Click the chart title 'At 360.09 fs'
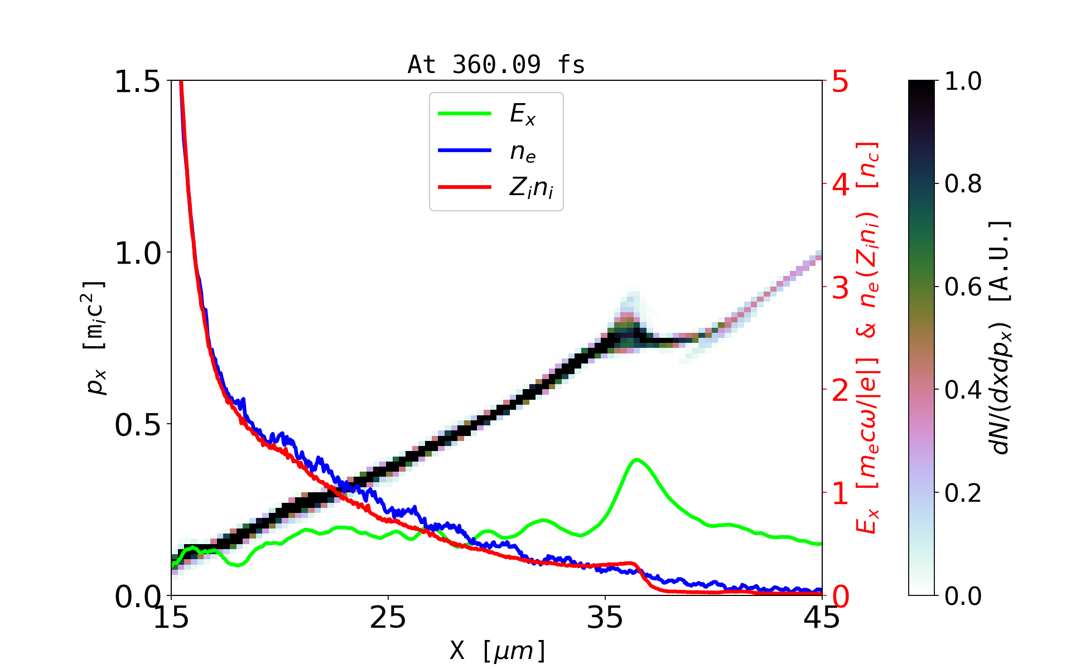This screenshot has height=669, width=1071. pos(496,65)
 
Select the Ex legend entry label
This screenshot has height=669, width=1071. pos(523,115)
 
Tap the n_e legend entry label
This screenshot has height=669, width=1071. pos(523,152)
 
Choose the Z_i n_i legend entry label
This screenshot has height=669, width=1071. pos(531,188)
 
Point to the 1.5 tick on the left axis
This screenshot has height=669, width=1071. pos(137,82)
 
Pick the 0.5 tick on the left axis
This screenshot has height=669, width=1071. pos(137,425)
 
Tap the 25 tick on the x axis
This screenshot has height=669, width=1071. pos(388,617)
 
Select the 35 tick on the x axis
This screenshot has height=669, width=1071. pos(605,617)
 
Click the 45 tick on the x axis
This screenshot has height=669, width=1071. pos(822,617)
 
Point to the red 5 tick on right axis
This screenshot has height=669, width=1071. pos(840,82)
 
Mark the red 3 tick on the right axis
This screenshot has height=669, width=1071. pos(840,288)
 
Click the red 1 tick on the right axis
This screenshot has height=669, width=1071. pos(840,493)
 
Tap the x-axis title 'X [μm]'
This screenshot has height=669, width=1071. pos(498,650)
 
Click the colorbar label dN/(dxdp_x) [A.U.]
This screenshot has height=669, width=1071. pos(1001,337)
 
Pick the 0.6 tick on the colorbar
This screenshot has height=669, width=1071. pos(963,287)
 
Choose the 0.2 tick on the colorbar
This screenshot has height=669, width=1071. pos(963,493)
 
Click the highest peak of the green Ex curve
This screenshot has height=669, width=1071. pos(636,460)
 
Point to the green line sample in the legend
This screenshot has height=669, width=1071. pos(464,114)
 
